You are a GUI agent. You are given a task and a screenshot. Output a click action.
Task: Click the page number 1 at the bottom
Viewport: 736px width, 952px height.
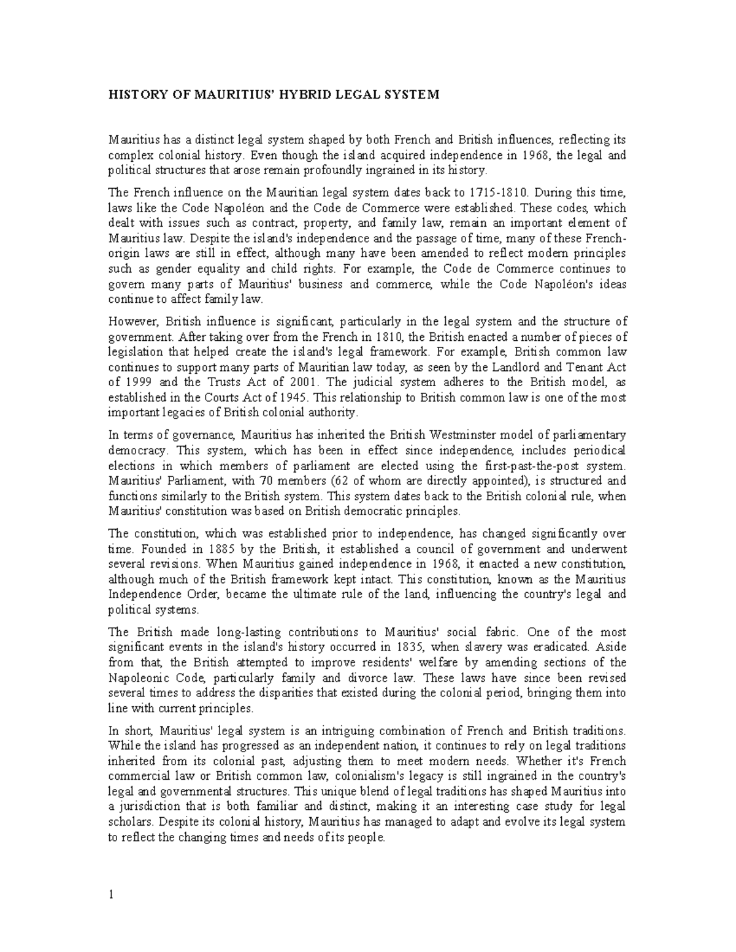pyautogui.click(x=111, y=894)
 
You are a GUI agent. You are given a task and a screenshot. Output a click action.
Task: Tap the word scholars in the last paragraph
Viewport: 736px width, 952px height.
pyautogui.click(x=128, y=822)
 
